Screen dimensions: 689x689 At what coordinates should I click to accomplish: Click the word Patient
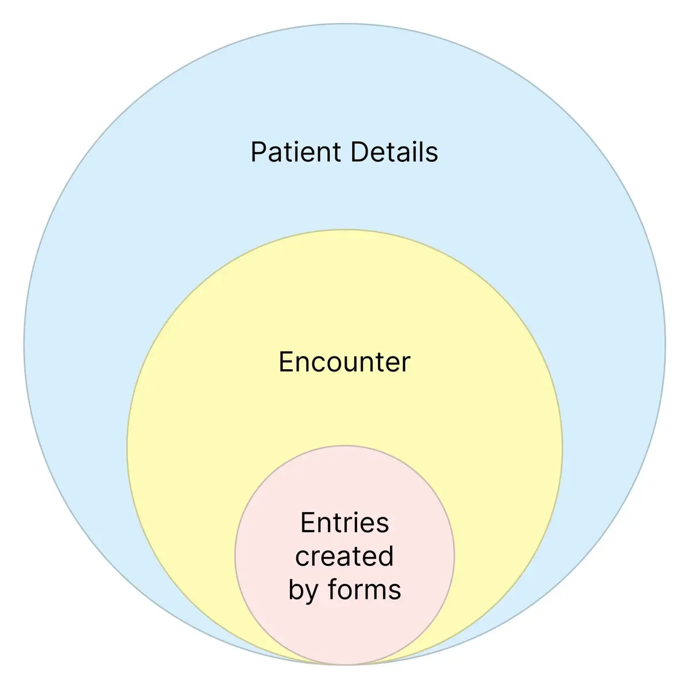click(x=296, y=153)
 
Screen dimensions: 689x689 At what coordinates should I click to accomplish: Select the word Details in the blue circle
click(x=394, y=153)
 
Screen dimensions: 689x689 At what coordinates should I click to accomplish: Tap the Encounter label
click(x=344, y=362)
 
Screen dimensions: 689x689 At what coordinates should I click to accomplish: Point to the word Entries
click(x=344, y=523)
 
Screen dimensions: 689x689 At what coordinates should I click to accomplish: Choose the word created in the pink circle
click(x=344, y=556)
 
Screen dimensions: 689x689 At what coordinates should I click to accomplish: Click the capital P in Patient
click(x=258, y=153)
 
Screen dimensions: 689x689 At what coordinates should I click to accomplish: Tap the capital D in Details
click(x=358, y=153)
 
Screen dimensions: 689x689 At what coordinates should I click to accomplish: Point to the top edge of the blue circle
click(x=344, y=24)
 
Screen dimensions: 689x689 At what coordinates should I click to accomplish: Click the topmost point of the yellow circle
click(x=344, y=230)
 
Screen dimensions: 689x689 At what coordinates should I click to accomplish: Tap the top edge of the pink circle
click(x=344, y=446)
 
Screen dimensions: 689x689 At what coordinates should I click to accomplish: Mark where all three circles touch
click(x=344, y=665)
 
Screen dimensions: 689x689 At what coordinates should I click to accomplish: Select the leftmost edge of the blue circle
click(x=24, y=344)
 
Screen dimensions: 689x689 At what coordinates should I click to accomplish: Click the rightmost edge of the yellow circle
click(x=562, y=447)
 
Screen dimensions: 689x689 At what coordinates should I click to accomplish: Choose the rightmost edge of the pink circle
click(x=454, y=555)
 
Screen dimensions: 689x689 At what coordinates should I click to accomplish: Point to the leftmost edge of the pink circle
click(x=235, y=555)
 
